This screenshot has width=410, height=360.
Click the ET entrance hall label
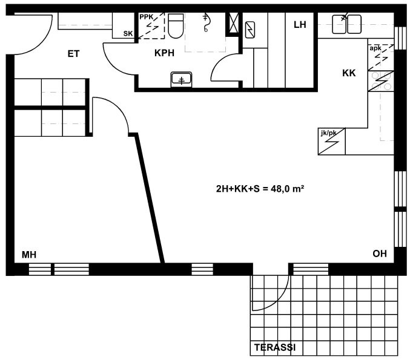coord(73,54)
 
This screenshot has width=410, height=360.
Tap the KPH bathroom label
coord(164,53)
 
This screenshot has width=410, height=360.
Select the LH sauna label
coord(300,25)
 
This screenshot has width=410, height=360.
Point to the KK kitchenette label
coord(349,73)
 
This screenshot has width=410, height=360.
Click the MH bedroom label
coord(29,255)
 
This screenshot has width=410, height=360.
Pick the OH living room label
coord(380,254)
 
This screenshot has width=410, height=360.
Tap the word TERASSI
coord(275,347)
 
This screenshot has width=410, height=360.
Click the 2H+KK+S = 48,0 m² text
coord(260,189)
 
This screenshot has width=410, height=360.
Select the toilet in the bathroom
coord(176,26)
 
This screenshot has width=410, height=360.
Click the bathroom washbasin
coord(181,80)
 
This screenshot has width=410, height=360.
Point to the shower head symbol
coord(206,23)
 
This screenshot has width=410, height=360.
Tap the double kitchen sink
coord(347,24)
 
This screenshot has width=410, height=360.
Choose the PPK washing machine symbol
coord(151,25)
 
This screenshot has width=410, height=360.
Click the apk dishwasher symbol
coord(381,57)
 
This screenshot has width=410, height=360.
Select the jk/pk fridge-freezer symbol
coord(331,142)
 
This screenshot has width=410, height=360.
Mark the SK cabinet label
coord(128,34)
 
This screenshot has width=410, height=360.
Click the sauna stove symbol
coord(250,30)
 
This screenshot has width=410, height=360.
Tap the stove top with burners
coord(381,81)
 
